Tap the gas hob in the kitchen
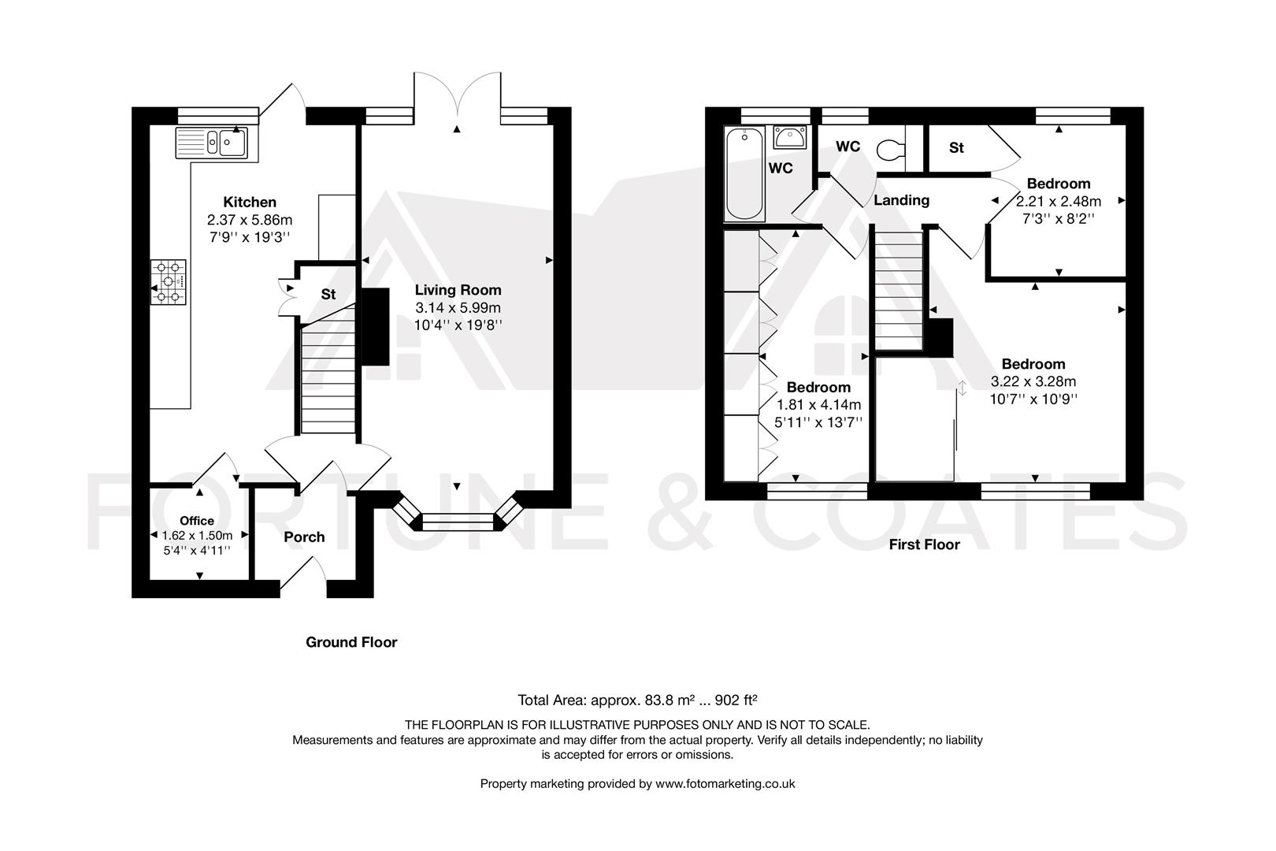pos(169,283)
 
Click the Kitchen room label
pos(250,203)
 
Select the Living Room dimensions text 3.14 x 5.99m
pos(458,307)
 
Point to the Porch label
pos(304,537)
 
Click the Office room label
pos(197,521)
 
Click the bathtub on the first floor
pos(744,175)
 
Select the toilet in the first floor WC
pos(891,149)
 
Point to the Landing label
pos(901,200)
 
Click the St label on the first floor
pos(956,148)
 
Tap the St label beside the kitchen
pos(328,295)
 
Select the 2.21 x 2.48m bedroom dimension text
pos(1058,201)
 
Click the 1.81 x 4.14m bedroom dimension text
pos(818,405)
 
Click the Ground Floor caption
pos(351,642)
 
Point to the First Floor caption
pos(924,544)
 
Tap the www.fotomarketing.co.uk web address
pos(725,784)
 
